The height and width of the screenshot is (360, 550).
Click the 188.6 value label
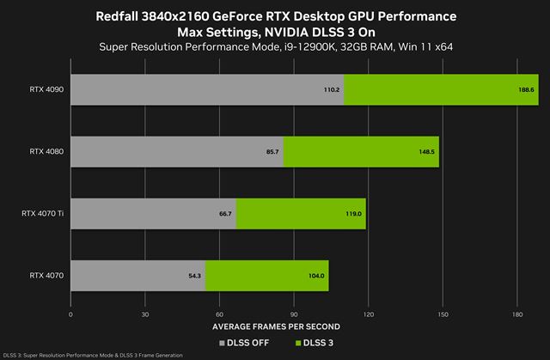pyautogui.click(x=527, y=88)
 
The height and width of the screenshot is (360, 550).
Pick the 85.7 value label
pyautogui.click(x=272, y=151)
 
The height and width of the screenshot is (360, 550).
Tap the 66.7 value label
pyautogui.click(x=225, y=213)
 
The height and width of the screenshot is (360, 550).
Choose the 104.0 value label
pyautogui.click(x=316, y=276)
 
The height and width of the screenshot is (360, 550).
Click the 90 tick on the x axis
pyautogui.click(x=294, y=314)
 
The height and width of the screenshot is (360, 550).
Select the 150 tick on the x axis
pyautogui.click(x=443, y=314)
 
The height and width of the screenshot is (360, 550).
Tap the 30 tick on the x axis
pyautogui.click(x=145, y=314)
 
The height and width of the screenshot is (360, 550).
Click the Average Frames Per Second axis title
pyautogui.click(x=276, y=327)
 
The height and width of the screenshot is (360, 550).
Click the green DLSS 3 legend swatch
pyautogui.click(x=300, y=342)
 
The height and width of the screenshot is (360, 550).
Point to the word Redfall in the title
pyautogui.click(x=131, y=16)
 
